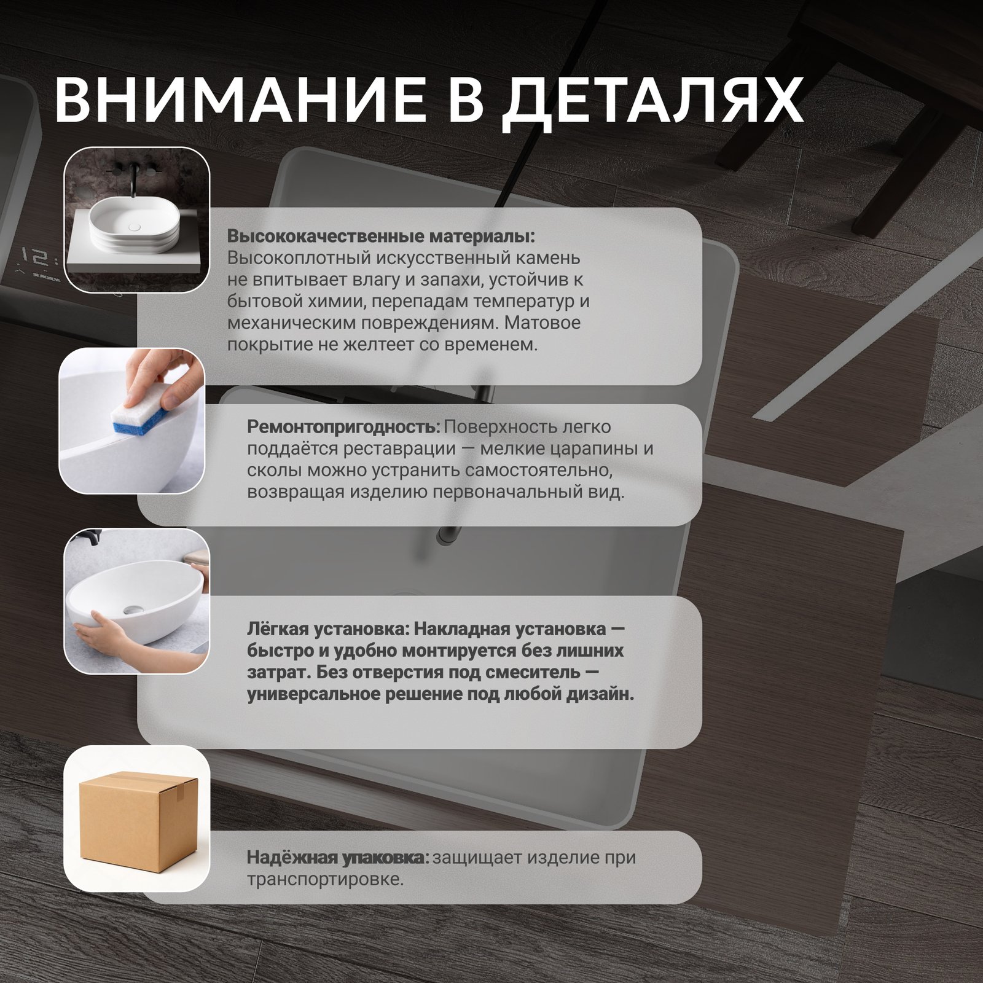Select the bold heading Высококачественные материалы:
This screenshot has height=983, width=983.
[x=381, y=236]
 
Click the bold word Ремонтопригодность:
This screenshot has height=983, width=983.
[x=343, y=426]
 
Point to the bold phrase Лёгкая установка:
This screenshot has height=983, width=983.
[x=328, y=629]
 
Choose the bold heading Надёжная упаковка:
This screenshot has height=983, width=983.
[x=338, y=857]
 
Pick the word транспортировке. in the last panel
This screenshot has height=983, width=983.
[x=325, y=879]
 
